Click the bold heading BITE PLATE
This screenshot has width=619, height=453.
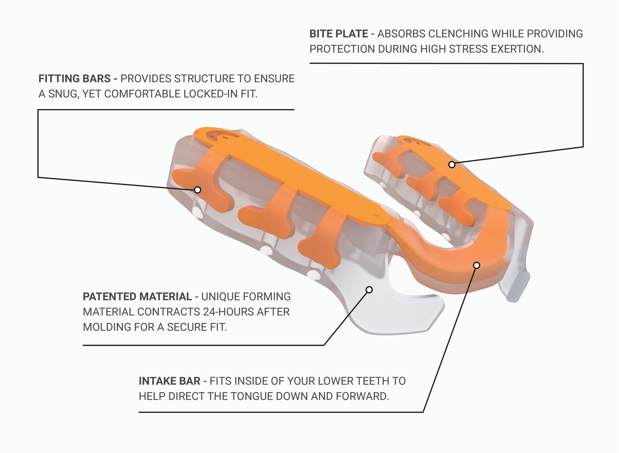click(338, 34)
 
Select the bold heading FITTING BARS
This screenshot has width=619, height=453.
click(74, 79)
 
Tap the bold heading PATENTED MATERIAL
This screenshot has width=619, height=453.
click(137, 297)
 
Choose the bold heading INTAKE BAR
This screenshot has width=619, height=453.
click(169, 381)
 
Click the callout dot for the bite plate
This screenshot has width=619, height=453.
click(452, 165)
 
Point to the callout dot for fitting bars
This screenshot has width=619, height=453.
click(198, 190)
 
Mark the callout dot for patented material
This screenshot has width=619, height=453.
click(369, 290)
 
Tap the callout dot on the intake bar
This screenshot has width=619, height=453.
click(476, 265)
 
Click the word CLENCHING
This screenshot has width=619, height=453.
click(458, 34)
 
